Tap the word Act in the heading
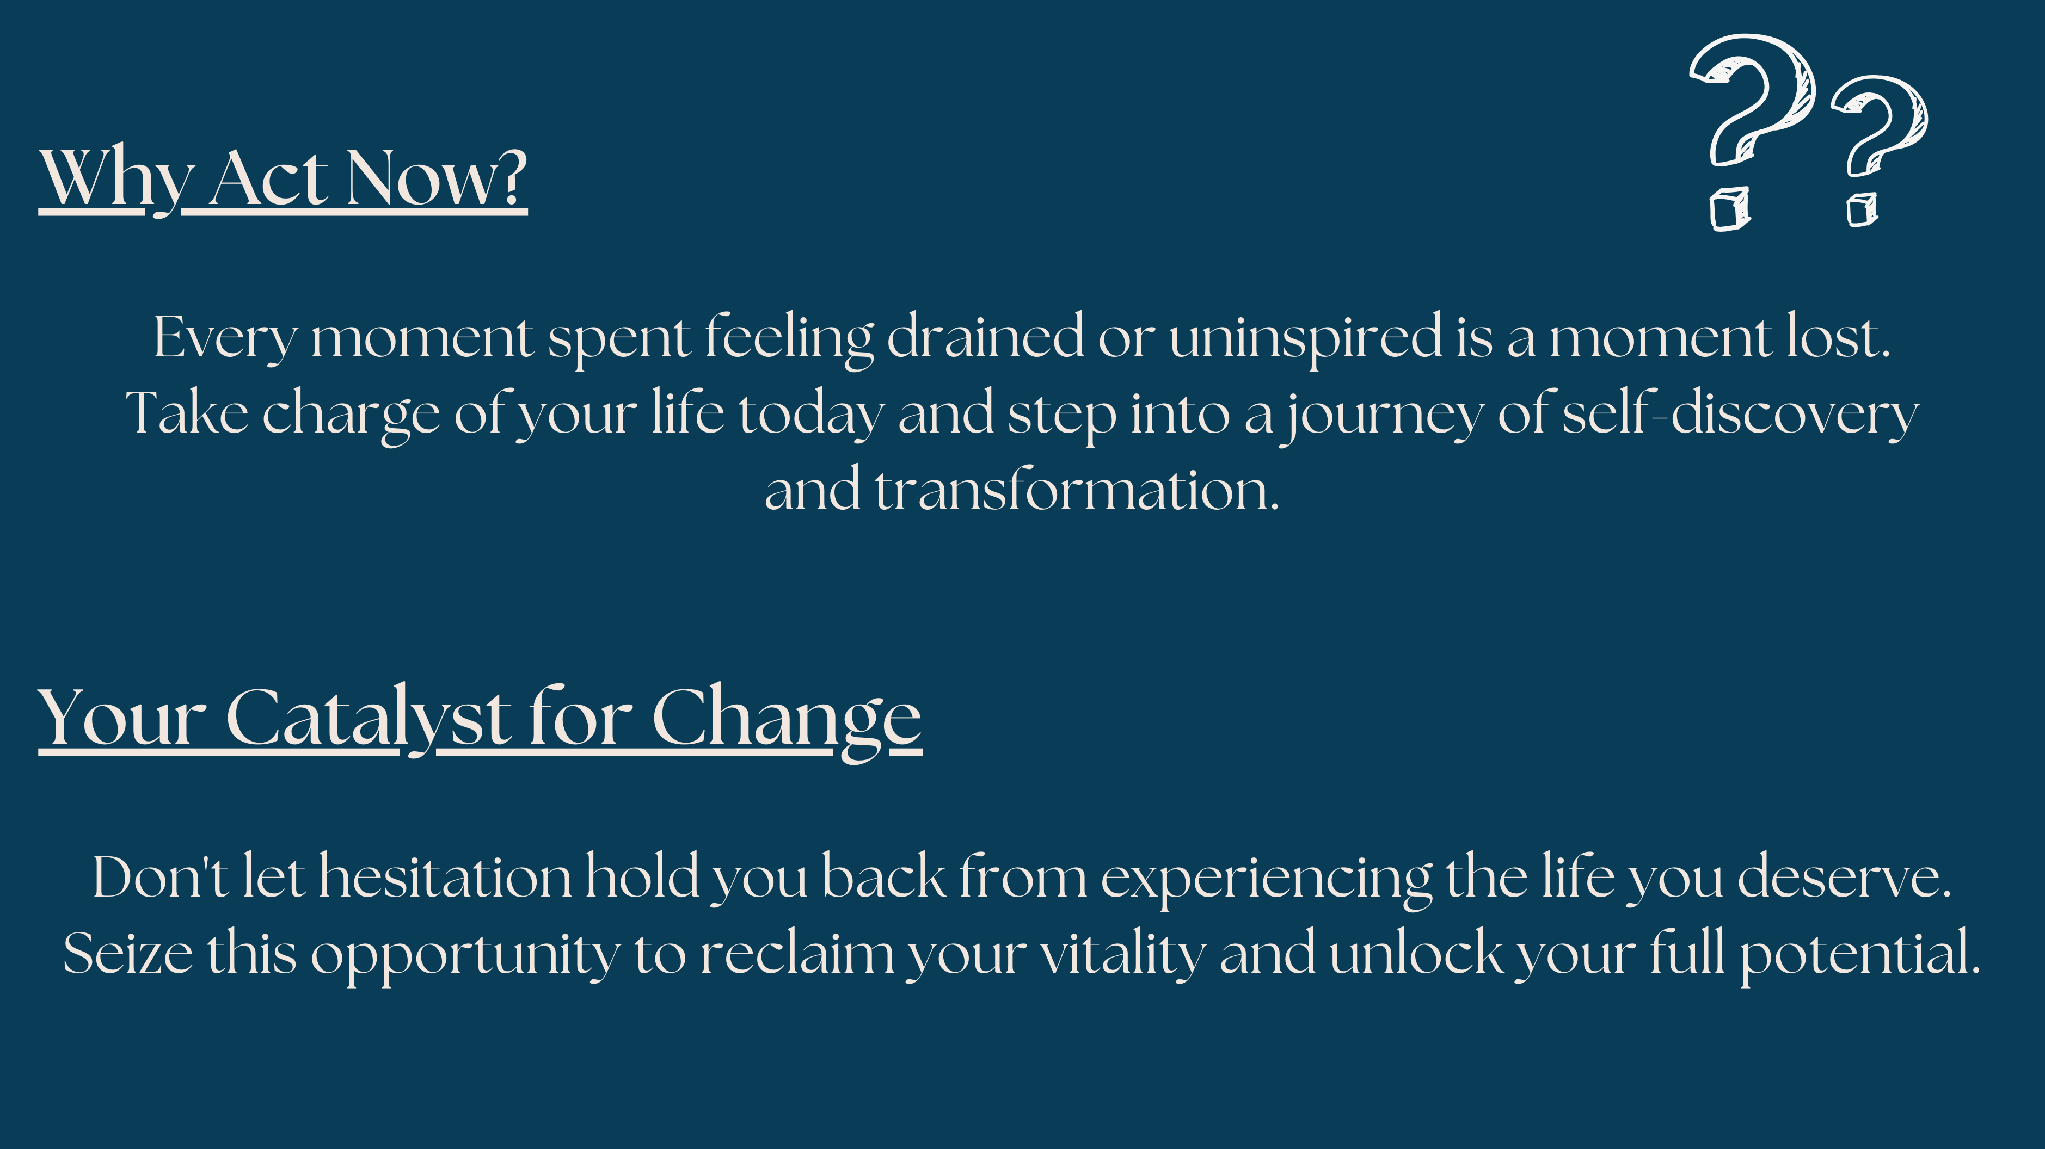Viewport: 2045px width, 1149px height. click(x=268, y=178)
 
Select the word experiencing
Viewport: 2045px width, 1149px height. click(x=1266, y=879)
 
